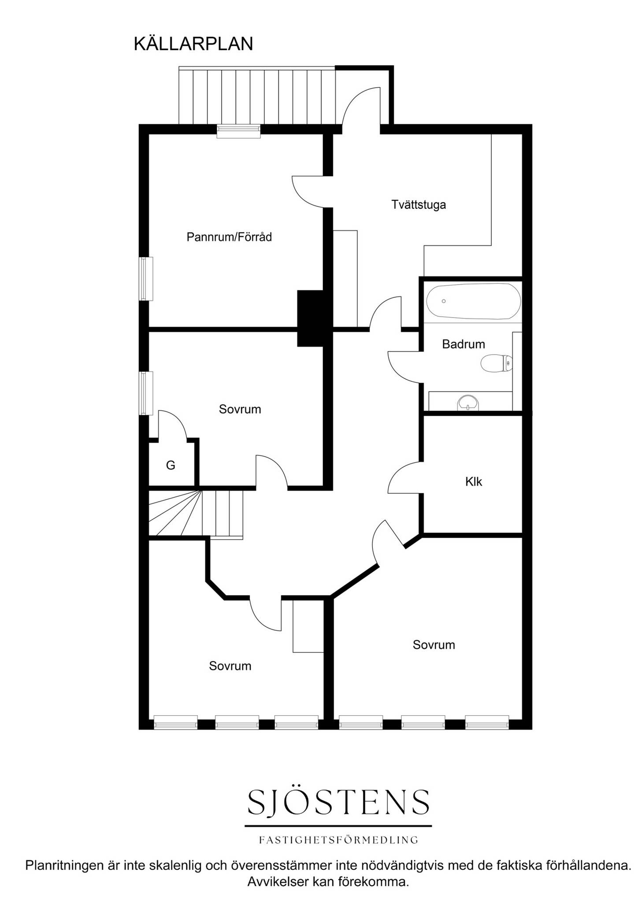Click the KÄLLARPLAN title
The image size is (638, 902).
click(x=193, y=44)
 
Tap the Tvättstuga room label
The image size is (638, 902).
click(x=419, y=205)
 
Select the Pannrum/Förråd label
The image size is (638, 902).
click(x=229, y=237)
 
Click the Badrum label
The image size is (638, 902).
click(x=464, y=344)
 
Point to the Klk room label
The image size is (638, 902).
click(x=474, y=481)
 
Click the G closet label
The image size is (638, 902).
click(x=171, y=465)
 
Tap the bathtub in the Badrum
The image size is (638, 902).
click(x=474, y=301)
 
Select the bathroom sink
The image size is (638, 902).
click(x=468, y=403)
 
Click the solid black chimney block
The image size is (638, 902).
click(x=311, y=318)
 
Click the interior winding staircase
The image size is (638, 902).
click(x=196, y=514)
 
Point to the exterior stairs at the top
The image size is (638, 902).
click(x=257, y=96)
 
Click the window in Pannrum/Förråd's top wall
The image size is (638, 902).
click(x=238, y=131)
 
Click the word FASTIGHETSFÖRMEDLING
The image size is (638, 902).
click(x=338, y=840)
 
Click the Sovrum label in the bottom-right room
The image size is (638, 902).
click(x=434, y=645)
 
